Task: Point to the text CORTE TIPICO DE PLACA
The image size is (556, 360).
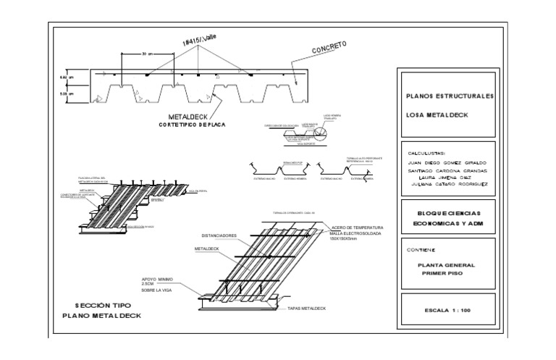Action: (x=192, y=125)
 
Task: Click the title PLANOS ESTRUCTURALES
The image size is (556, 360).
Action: (x=450, y=96)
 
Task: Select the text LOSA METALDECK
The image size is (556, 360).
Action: (x=438, y=114)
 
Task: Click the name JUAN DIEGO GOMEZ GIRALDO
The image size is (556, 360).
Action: (x=447, y=163)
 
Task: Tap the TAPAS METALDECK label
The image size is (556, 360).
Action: (x=306, y=308)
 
